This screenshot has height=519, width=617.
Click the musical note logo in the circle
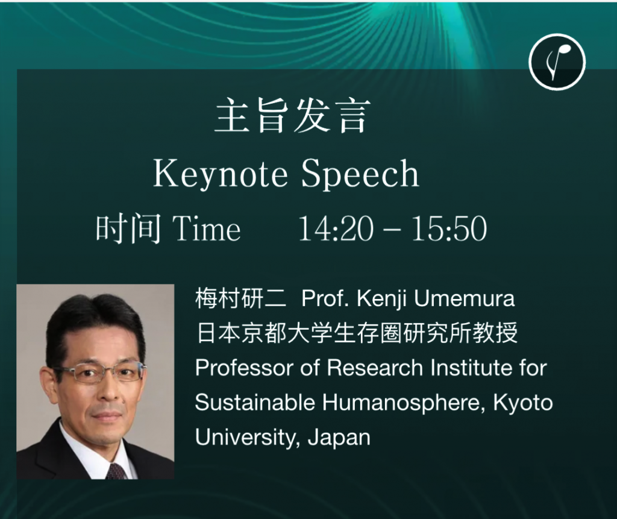pyautogui.click(x=557, y=62)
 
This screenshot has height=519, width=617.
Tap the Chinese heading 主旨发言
pyautogui.click(x=292, y=115)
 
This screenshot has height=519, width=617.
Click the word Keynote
pyautogui.click(x=221, y=174)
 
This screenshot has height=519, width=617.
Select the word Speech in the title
pyautogui.click(x=360, y=174)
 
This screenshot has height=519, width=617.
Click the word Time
pyautogui.click(x=207, y=228)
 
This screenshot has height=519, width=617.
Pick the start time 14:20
pyautogui.click(x=336, y=228)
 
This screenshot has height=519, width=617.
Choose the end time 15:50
pyautogui.click(x=449, y=228)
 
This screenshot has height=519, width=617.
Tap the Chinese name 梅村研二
pyautogui.click(x=240, y=298)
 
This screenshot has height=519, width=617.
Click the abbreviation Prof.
pyautogui.click(x=325, y=298)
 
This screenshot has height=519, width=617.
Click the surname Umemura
pyautogui.click(x=465, y=298)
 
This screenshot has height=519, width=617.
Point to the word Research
pyautogui.click(x=375, y=368)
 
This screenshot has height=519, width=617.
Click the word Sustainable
pyautogui.click(x=255, y=403)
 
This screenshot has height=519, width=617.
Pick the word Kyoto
pyautogui.click(x=523, y=403)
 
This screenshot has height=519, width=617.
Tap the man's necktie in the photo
pyautogui.click(x=117, y=471)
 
